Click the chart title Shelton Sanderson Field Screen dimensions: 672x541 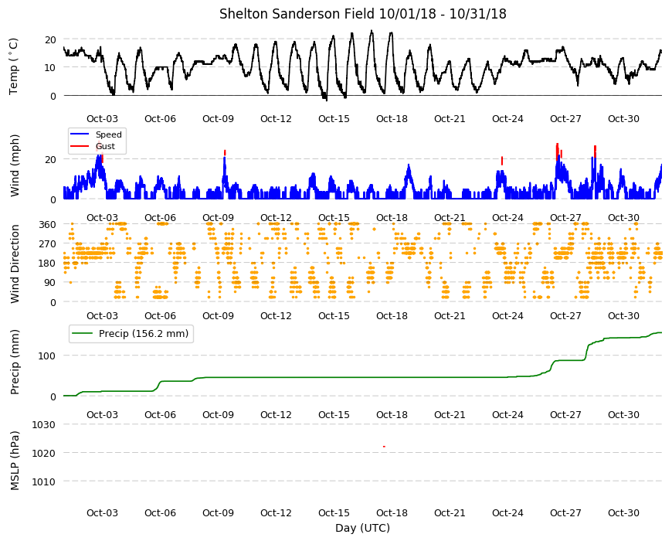[297, 14]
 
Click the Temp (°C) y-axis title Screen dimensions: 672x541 [14, 66]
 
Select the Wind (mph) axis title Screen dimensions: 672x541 [15, 165]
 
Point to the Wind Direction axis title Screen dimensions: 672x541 [15, 264]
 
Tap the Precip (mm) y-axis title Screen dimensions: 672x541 [15, 362]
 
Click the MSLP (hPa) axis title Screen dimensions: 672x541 [15, 461]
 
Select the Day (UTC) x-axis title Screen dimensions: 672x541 [362, 528]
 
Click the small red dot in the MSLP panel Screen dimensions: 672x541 [384, 447]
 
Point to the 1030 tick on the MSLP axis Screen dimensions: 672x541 [44, 425]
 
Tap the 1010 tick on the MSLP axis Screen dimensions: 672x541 [44, 481]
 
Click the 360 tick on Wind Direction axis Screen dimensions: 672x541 [47, 225]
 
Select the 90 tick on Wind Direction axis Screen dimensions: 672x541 [50, 283]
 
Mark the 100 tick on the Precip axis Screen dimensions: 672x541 [47, 356]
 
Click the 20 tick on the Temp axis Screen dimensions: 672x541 [50, 40]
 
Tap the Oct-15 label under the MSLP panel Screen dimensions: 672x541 [334, 512]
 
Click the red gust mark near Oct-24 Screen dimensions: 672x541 [502, 161]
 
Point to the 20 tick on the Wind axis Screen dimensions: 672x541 [50, 159]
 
